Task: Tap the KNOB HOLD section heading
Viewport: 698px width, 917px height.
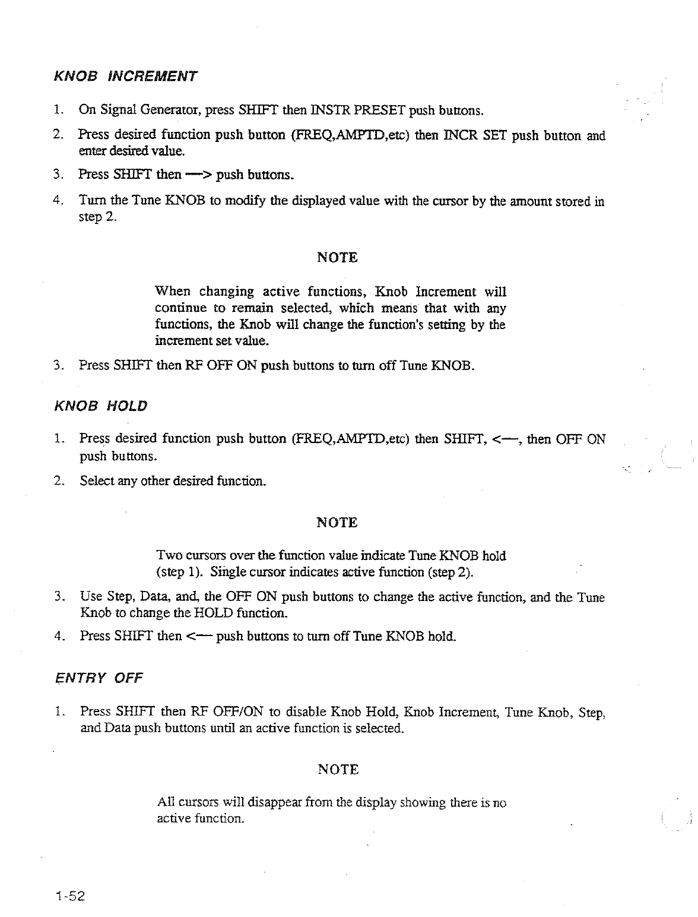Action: pyautogui.click(x=100, y=406)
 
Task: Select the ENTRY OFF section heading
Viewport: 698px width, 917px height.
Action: pyautogui.click(x=99, y=678)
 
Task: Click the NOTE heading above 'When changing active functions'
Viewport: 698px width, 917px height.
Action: pyautogui.click(x=337, y=258)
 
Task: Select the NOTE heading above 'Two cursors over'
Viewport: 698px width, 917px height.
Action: pyautogui.click(x=337, y=523)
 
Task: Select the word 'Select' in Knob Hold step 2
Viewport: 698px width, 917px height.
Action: pyautogui.click(x=97, y=481)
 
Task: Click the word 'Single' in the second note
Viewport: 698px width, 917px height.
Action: pyautogui.click(x=227, y=573)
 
